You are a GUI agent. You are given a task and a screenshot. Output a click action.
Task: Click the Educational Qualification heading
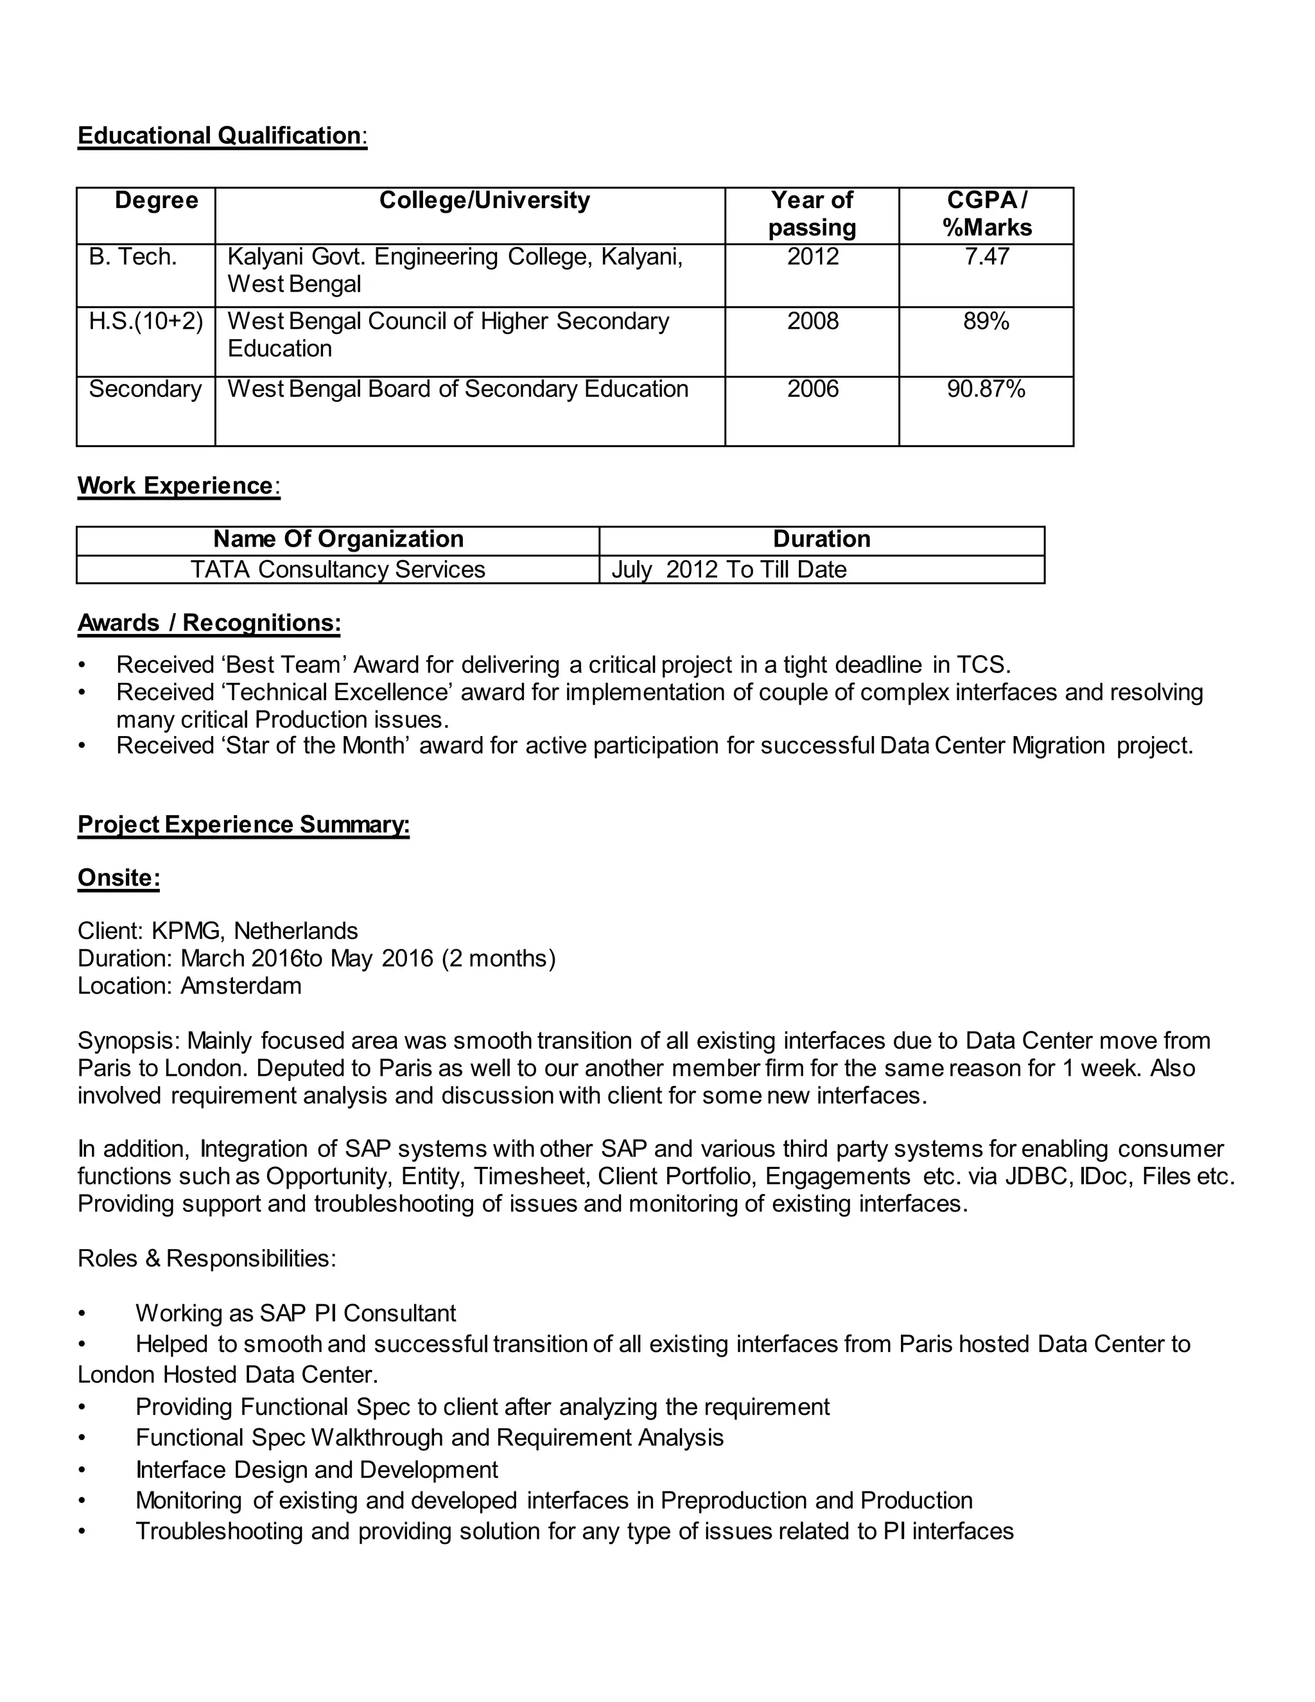point(222,136)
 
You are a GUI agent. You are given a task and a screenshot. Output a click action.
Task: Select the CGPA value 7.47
point(986,256)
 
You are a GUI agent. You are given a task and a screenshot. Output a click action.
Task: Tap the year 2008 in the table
point(812,321)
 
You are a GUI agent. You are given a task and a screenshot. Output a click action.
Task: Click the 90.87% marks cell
point(986,389)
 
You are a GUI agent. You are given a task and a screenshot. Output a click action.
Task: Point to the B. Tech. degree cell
point(133,256)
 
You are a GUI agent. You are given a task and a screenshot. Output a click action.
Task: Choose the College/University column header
point(485,200)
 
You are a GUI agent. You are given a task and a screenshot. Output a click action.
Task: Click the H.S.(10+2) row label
point(146,321)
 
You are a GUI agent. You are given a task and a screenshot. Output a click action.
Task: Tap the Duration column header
point(821,540)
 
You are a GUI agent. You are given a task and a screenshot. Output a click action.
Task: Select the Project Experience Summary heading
point(243,825)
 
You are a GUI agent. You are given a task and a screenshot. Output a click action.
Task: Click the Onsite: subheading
point(118,878)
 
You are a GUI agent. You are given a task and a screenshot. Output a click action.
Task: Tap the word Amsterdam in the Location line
point(241,986)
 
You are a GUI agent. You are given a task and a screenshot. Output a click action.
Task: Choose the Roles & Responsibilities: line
point(207,1259)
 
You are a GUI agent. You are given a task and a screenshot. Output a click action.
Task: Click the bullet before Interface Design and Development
point(82,1471)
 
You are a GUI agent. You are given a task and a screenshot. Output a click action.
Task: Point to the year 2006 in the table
point(812,389)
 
